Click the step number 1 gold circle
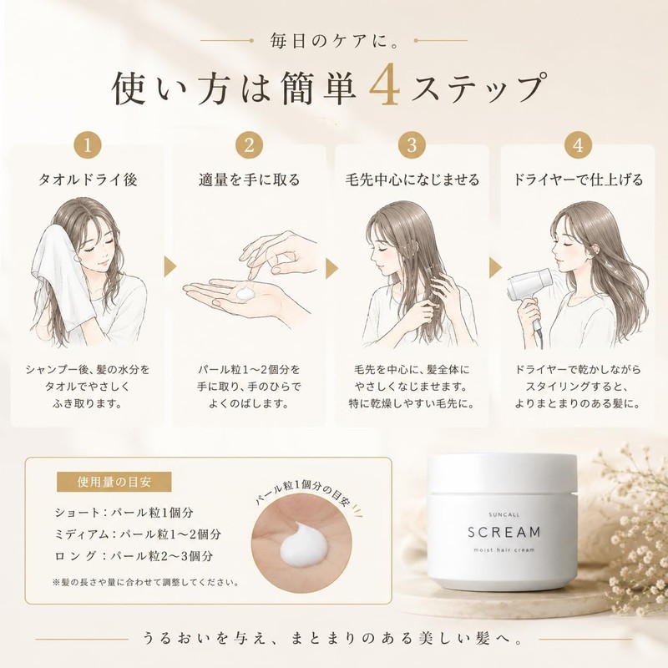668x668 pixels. pos(88,145)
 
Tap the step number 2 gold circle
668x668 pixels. pos(249,145)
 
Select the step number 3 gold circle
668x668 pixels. pos(412,145)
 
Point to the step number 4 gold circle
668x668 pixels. pos(578,145)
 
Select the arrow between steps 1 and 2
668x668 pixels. pos(170,268)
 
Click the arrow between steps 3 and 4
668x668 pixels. pos(495,268)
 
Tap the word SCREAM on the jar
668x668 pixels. pos(504,532)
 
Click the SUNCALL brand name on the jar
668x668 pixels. pos(504,514)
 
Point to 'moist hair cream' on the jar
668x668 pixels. pos(504,550)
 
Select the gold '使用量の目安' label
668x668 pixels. pos(114,482)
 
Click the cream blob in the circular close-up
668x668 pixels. pos(303,545)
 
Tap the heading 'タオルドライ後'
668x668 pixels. pos(88,180)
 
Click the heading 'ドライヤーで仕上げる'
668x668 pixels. pos(578,180)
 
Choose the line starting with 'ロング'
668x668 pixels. pos(134,555)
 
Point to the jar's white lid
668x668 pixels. pos(503,473)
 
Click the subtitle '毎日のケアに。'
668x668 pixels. pos(334,41)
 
